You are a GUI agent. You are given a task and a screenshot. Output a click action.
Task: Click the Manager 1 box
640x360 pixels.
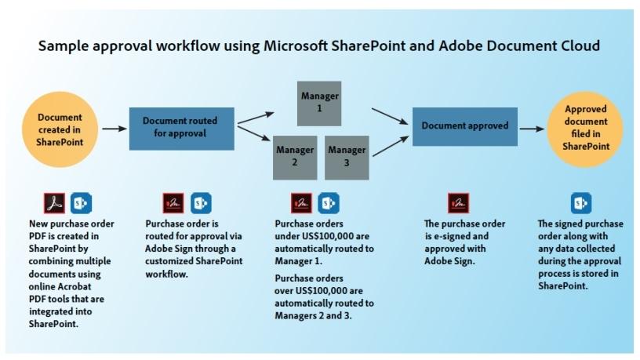320,101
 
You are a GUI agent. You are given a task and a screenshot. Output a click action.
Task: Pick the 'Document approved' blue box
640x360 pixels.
465,125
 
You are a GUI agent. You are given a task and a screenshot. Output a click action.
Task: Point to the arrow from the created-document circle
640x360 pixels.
113,126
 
